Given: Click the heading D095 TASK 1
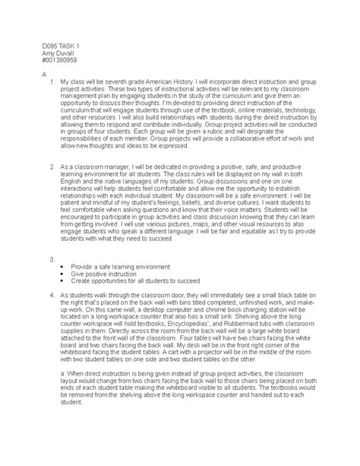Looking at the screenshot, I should click(x=39, y=47).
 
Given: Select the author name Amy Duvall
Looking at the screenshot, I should click(x=36, y=55).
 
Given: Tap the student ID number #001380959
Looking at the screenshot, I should click(x=38, y=62).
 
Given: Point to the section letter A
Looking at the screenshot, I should click(x=23, y=78).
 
